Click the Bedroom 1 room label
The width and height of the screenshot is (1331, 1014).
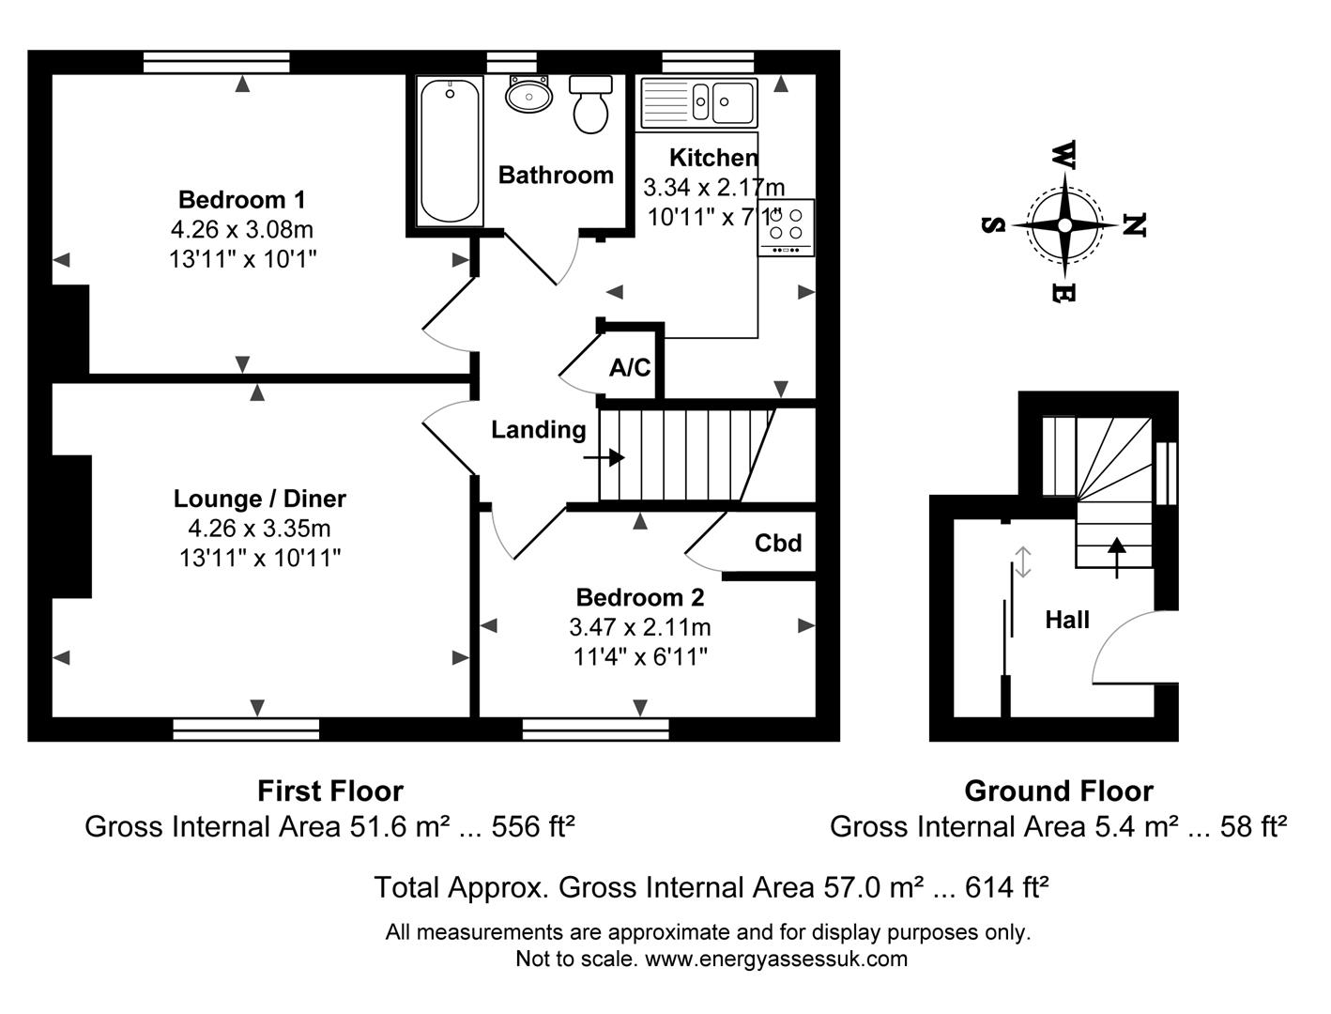pyautogui.click(x=242, y=200)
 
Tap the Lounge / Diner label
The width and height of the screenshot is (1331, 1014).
pyautogui.click(x=259, y=499)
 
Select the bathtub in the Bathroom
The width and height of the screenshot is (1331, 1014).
pyautogui.click(x=450, y=151)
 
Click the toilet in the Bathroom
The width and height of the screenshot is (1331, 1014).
pyautogui.click(x=590, y=104)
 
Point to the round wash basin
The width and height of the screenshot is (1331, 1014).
pyautogui.click(x=528, y=95)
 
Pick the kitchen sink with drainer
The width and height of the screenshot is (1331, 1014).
pyautogui.click(x=699, y=102)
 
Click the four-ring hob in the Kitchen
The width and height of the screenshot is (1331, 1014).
pyautogui.click(x=786, y=227)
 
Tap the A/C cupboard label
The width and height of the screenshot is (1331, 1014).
pyautogui.click(x=630, y=367)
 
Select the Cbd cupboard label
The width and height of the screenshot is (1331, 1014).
pyautogui.click(x=778, y=543)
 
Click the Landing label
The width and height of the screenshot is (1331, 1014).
pyautogui.click(x=539, y=430)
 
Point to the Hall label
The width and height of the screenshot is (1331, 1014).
pyautogui.click(x=1067, y=620)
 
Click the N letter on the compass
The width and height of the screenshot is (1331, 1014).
pyautogui.click(x=1133, y=225)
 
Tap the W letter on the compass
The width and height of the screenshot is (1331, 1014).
pyautogui.click(x=1064, y=155)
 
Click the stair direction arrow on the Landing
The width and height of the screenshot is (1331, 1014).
pyautogui.click(x=604, y=457)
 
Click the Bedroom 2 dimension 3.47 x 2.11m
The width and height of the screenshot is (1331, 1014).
pyautogui.click(x=640, y=627)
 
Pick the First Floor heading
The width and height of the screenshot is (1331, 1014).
pyautogui.click(x=330, y=791)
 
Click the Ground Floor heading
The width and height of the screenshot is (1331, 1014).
pyautogui.click(x=1059, y=791)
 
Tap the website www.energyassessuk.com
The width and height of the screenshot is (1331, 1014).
pyautogui.click(x=776, y=959)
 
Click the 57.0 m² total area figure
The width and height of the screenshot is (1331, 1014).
pyautogui.click(x=874, y=887)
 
